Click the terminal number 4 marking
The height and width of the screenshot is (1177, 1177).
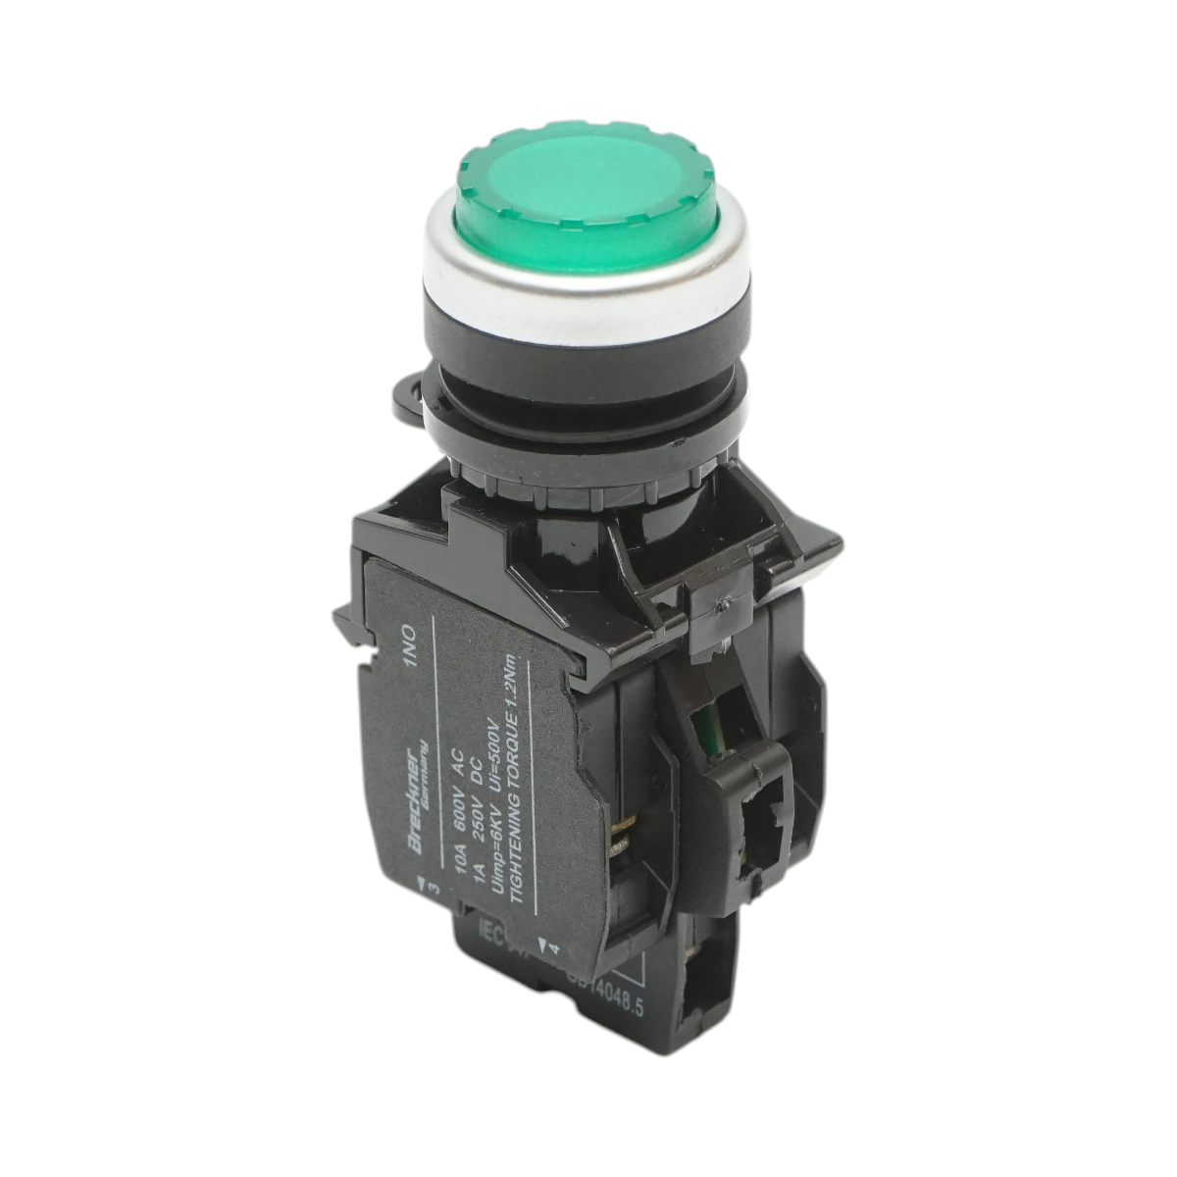[x=554, y=949]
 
